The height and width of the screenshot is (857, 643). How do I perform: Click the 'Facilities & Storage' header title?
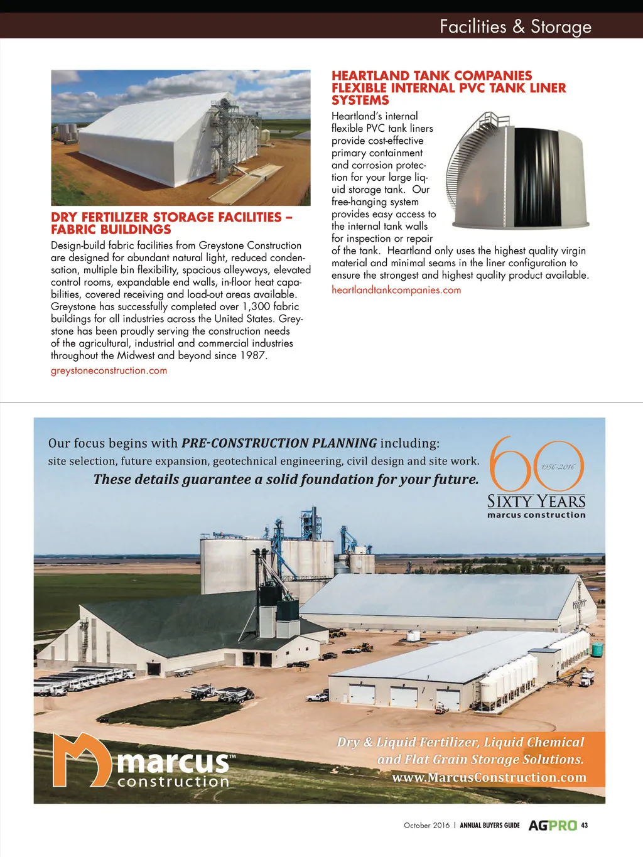tap(515, 26)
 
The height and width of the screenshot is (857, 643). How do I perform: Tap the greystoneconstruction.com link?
tap(109, 370)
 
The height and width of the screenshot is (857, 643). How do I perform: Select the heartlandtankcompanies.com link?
tap(396, 290)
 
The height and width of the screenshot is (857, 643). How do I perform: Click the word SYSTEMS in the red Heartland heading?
tap(360, 100)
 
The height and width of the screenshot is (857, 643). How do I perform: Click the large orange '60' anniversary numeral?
tap(535, 465)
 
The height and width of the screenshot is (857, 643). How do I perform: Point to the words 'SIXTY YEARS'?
tap(536, 501)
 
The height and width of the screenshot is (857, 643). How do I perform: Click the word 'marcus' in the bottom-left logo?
tap(173, 761)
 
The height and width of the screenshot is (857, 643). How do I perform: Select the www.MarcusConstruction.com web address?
tap(489, 777)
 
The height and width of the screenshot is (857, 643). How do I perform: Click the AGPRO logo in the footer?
tap(552, 825)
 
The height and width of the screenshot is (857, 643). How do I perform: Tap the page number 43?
tap(585, 825)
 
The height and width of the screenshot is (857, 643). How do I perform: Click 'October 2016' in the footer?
tap(426, 825)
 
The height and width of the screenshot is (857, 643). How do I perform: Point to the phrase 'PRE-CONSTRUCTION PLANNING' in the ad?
tap(279, 443)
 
